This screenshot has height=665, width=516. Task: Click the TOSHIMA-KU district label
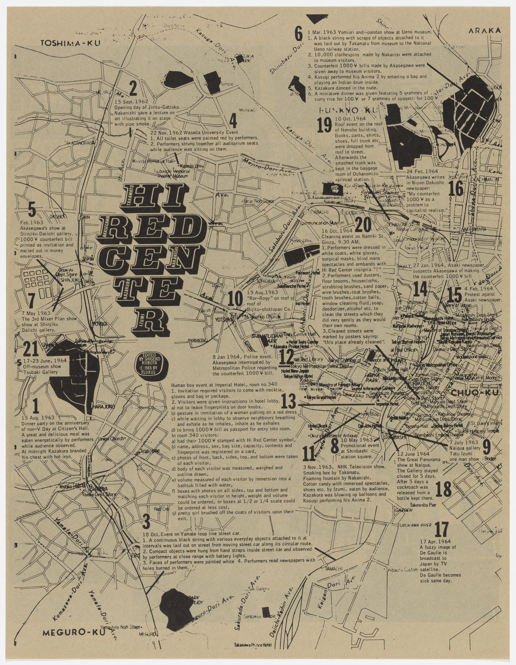coord(70,44)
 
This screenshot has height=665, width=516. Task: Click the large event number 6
coord(299,34)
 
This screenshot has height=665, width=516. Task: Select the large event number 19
coord(324,125)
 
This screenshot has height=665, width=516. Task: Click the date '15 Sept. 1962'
coord(131,102)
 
